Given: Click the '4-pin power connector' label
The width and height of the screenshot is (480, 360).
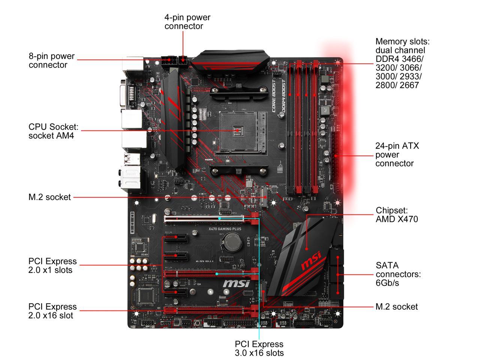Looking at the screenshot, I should (187, 22).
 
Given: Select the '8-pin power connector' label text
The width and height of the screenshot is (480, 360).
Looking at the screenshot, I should (51, 60).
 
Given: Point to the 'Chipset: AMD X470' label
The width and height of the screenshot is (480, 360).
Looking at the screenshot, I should (396, 214).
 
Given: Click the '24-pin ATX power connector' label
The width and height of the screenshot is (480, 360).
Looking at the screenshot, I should (397, 154).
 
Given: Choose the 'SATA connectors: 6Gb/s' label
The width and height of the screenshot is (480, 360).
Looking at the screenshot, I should (398, 274).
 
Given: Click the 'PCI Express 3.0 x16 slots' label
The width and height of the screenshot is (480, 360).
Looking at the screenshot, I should (259, 348).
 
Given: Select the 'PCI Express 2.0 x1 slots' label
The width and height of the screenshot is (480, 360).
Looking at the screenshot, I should (52, 265).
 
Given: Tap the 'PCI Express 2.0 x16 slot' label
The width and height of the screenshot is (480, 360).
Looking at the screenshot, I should (52, 311).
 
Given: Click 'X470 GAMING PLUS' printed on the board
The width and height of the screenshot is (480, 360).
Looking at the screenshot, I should (225, 229).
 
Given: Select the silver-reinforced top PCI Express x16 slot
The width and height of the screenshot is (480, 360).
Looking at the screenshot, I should (204, 219).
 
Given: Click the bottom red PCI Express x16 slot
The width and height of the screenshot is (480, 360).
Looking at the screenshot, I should (204, 310).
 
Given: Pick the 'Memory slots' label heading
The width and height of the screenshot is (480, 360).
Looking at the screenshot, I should (402, 41).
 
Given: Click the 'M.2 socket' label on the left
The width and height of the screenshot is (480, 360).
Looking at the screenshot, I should (49, 197).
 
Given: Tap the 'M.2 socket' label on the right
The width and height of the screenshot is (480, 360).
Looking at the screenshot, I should (396, 307).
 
